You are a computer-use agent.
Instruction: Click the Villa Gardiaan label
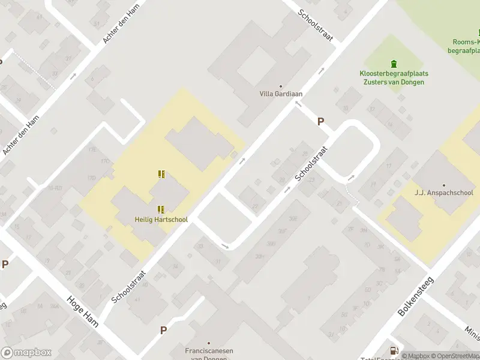tap(280, 94)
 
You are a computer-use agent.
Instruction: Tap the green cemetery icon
tap(394, 64)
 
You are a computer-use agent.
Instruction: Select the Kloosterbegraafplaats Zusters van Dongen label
tap(394, 77)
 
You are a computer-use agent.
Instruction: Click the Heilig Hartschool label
tap(161, 220)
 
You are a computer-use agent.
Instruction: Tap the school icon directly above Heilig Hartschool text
tap(161, 209)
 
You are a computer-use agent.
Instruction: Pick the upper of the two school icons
tap(161, 174)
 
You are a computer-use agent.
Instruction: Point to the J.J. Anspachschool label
tap(444, 193)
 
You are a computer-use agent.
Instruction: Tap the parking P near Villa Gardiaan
tap(321, 121)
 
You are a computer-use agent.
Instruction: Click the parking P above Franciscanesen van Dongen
tap(163, 330)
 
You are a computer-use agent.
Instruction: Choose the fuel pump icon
tap(394, 350)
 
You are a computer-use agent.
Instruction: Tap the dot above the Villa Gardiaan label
tap(280, 86)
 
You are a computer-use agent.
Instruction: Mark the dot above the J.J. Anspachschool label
tap(444, 185)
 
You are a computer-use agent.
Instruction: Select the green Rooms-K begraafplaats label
tap(464, 46)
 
